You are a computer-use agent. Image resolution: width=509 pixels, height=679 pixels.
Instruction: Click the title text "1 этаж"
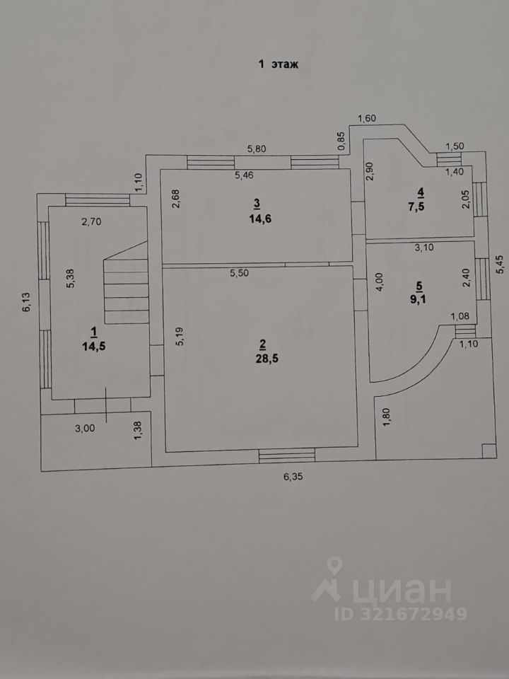(x=279, y=64)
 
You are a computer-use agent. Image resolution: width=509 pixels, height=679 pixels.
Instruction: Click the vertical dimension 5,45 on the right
(x=500, y=264)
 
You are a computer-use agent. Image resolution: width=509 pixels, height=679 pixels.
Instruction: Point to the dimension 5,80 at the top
(x=256, y=149)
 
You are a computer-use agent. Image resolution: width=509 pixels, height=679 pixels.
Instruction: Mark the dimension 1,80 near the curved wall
(x=387, y=417)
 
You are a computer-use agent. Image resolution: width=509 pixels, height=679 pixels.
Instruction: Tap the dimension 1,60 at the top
(x=367, y=118)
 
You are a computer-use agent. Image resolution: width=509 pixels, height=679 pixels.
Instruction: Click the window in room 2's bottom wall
(x=287, y=456)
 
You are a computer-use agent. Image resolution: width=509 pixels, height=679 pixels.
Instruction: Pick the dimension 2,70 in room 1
(x=92, y=222)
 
